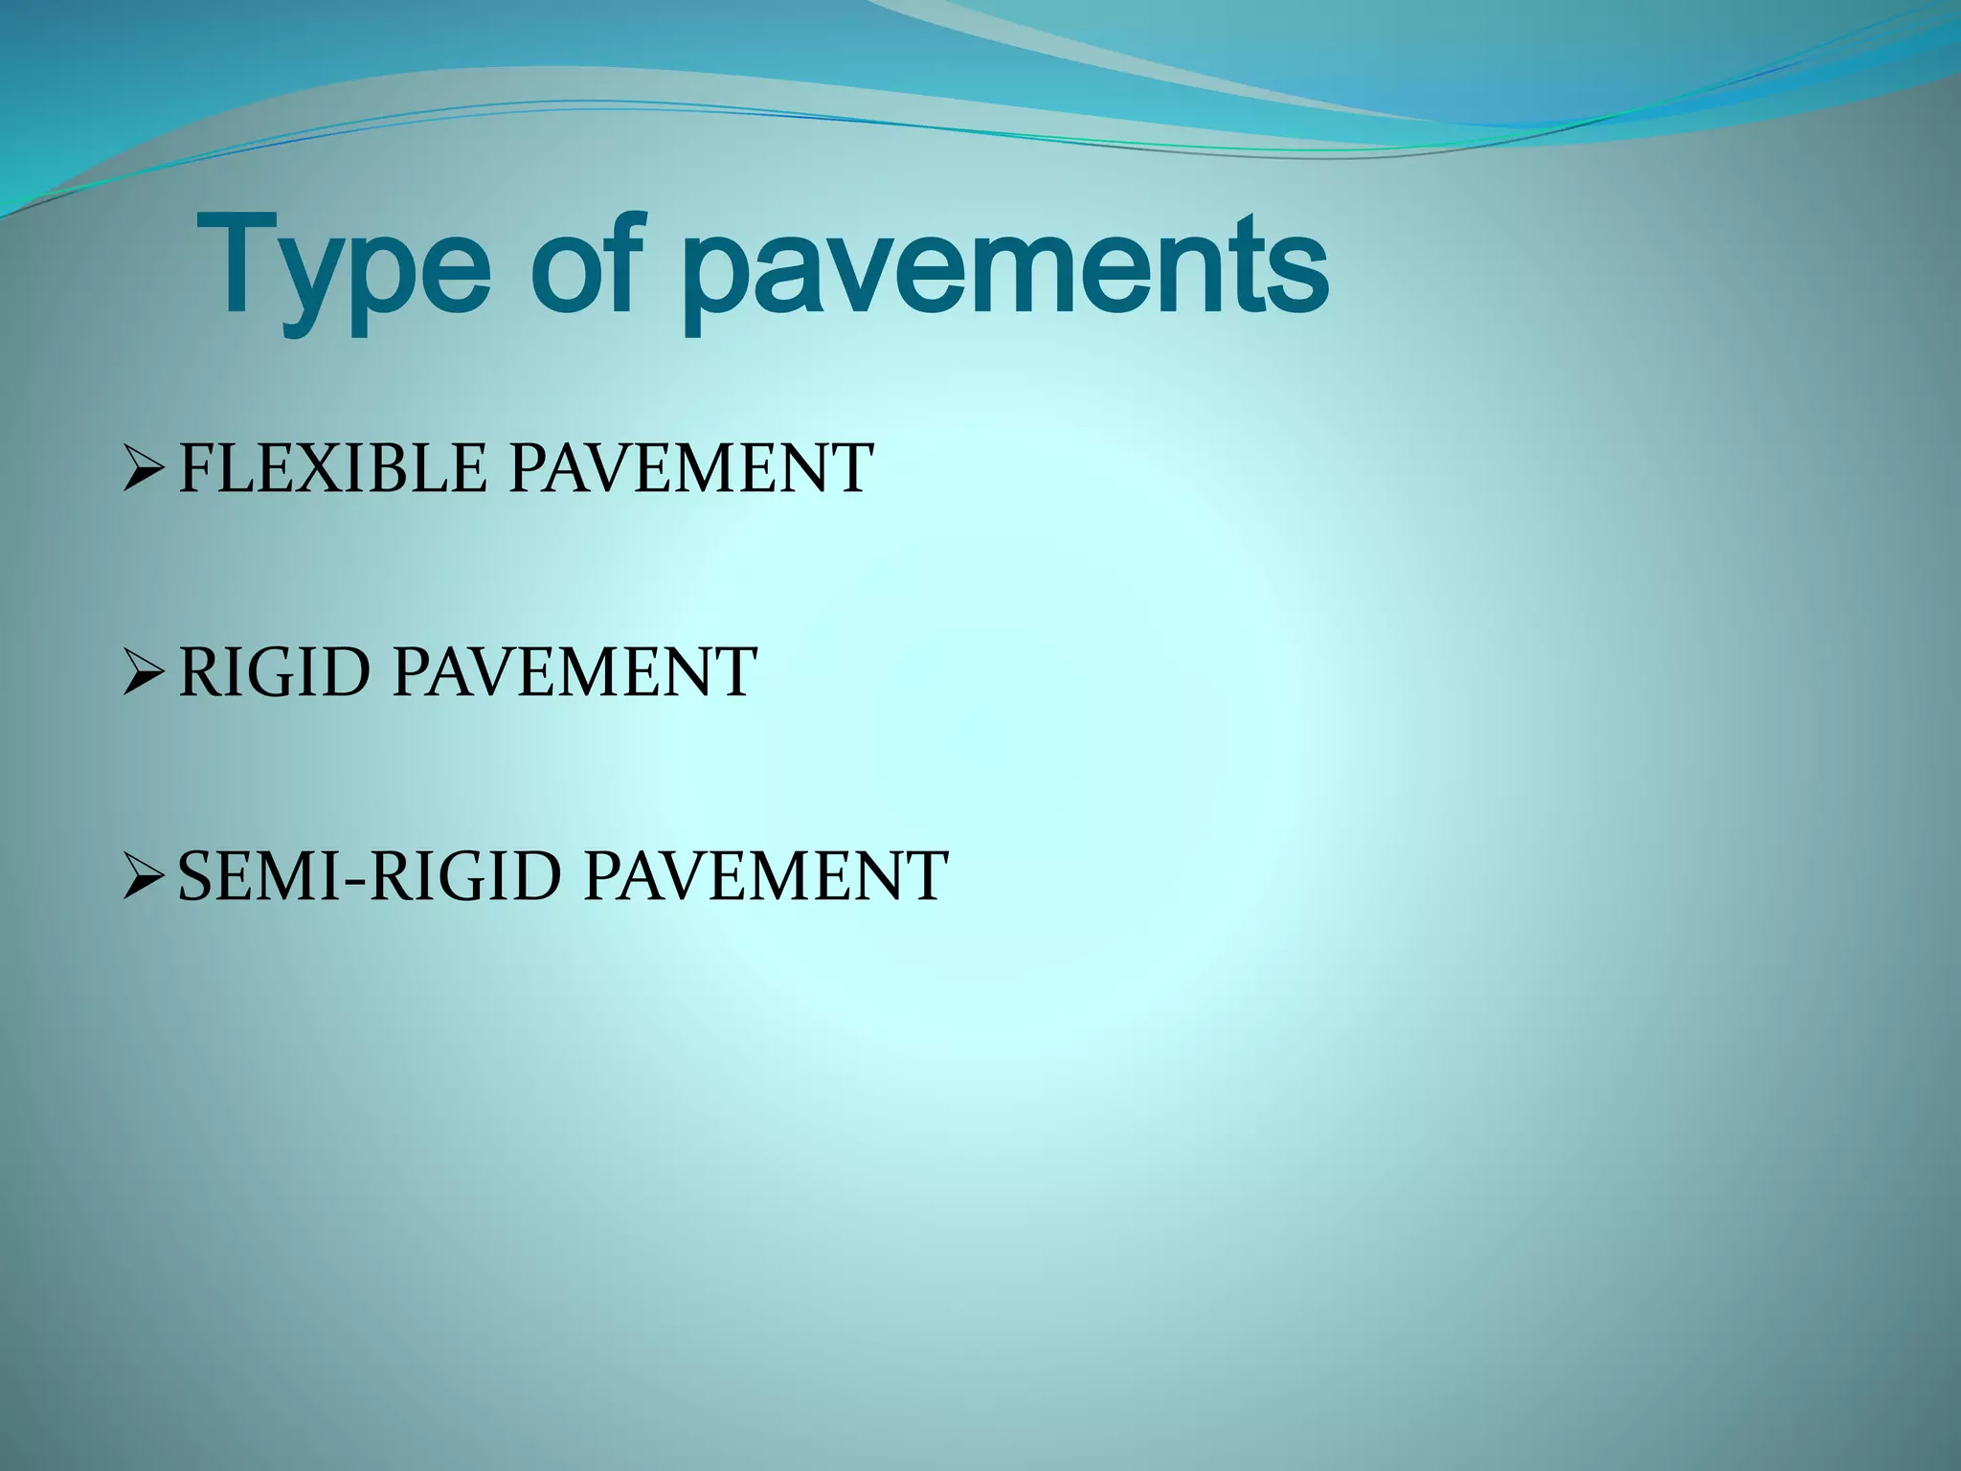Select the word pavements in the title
1005,272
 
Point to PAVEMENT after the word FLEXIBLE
690,468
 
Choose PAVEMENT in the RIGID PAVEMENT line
575,672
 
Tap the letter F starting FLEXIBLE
195,468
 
